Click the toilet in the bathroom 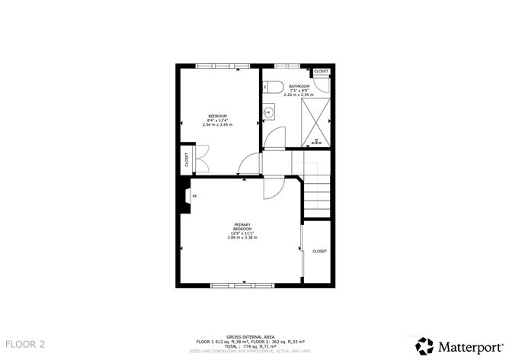click(274, 85)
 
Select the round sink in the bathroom click(268, 113)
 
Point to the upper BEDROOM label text click(217, 116)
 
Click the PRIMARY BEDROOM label click(242, 227)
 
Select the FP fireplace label click(194, 197)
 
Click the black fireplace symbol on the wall click(184, 196)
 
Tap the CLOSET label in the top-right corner click(321, 71)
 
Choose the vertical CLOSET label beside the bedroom click(186, 159)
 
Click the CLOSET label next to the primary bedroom click(319, 251)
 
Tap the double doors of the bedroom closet click(200, 159)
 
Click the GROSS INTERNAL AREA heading click(250, 336)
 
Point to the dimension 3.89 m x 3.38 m click(242, 238)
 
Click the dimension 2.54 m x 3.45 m click(217, 124)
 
